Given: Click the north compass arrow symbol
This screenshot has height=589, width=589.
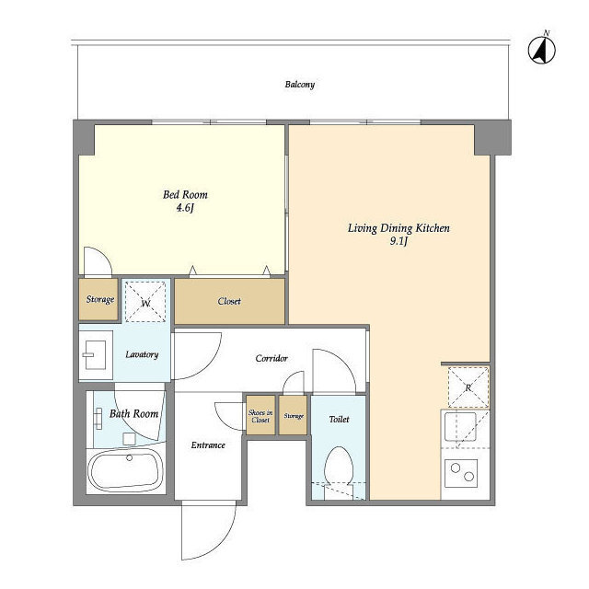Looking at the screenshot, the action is tap(542, 49).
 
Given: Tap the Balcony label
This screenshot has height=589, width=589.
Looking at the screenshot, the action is tap(299, 84).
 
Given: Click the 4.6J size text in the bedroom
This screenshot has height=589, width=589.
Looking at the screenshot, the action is tap(185, 208).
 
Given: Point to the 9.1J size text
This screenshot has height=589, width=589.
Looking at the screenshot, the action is tap(398, 241).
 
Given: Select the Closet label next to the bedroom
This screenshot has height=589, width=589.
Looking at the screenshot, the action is tap(229, 301).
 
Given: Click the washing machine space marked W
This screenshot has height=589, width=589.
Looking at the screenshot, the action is tap(145, 302).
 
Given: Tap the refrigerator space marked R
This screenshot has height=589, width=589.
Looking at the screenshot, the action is tap(468, 387).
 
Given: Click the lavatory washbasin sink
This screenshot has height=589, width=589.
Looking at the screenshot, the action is tap(96, 355).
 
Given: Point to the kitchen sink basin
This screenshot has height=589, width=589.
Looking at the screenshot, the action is tap(460, 427).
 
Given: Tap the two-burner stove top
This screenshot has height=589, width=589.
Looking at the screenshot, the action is tap(461, 473).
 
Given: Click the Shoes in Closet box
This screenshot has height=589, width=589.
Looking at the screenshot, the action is tap(260, 415).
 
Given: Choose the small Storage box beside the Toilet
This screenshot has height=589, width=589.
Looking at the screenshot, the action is tap(294, 415).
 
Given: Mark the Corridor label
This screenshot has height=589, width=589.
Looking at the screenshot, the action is tap(271, 358).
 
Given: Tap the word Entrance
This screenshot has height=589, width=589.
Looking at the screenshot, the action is tap(208, 445).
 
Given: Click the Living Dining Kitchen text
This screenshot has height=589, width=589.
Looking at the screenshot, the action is tap(398, 228).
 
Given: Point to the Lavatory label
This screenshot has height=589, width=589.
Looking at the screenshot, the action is tap(142, 354).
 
